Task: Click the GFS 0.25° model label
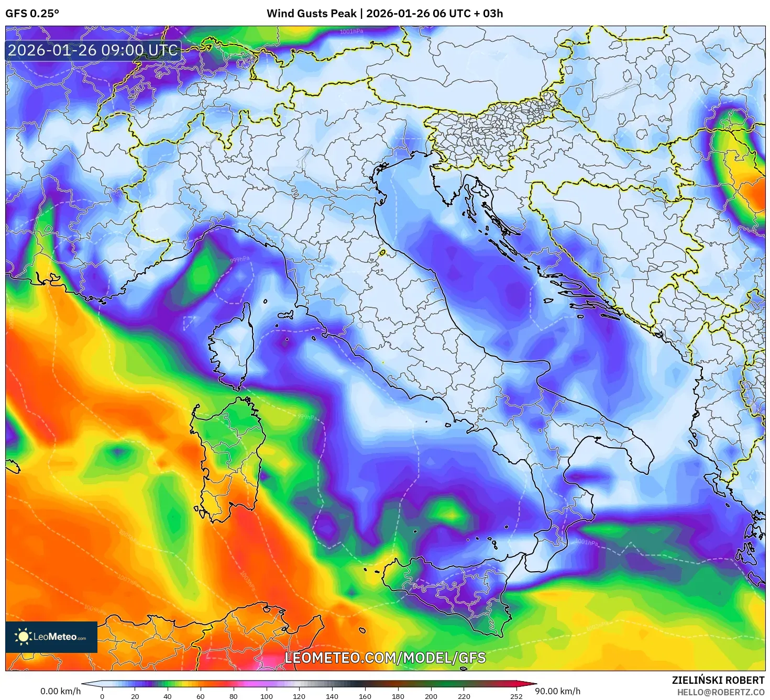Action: (32, 14)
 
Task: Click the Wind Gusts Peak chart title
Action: (384, 14)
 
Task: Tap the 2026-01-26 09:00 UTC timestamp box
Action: (93, 51)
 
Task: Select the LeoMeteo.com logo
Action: (51, 637)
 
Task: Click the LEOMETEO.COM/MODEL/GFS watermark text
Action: (385, 658)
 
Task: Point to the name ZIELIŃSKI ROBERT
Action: (718, 680)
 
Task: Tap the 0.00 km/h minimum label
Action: (60, 691)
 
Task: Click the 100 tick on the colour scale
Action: (266, 696)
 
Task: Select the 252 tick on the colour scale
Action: (516, 696)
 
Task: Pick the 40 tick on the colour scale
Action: (168, 696)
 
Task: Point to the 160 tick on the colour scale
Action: (365, 696)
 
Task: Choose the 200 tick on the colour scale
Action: (431, 696)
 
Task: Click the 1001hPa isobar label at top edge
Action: (351, 31)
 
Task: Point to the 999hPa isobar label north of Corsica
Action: (240, 260)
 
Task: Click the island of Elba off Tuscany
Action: (285, 315)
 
